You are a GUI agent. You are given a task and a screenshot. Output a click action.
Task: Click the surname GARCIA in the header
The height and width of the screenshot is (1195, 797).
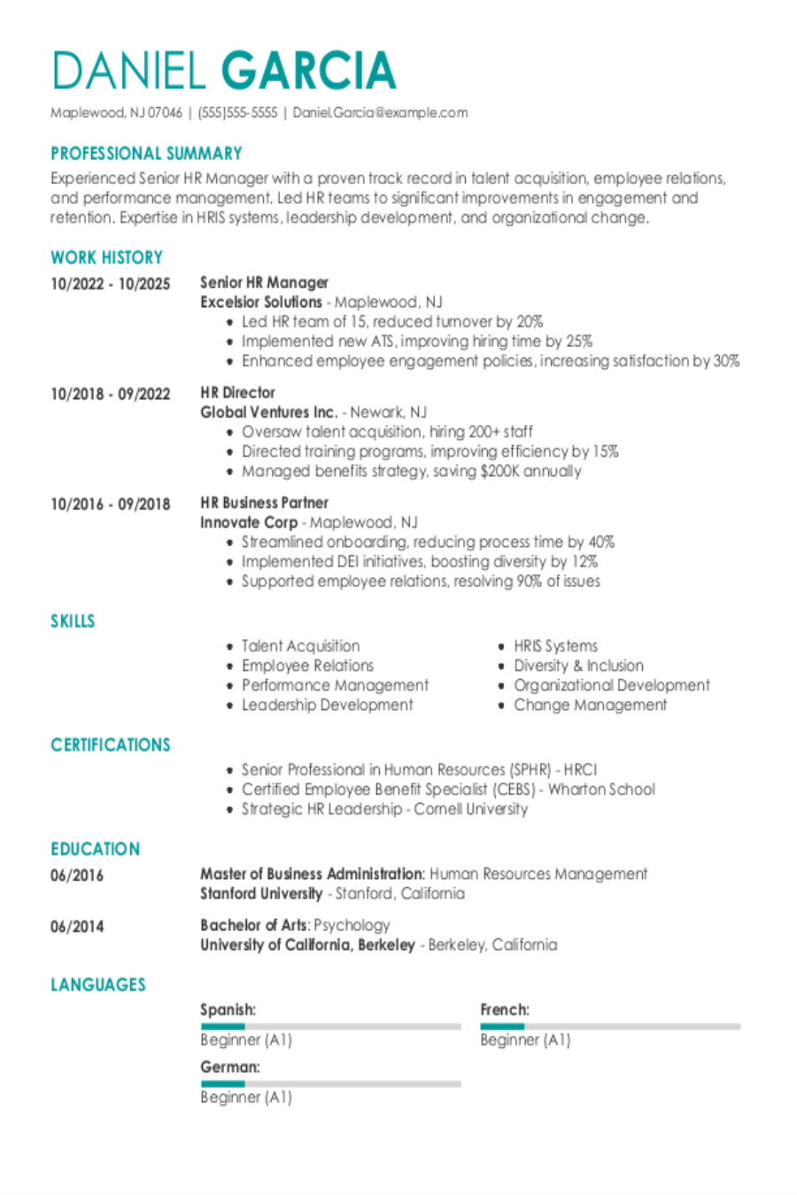(308, 71)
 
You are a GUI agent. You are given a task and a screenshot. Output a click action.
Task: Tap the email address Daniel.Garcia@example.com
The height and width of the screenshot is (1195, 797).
(380, 112)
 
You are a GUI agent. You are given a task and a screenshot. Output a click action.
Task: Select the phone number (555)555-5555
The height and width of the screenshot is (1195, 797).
(237, 112)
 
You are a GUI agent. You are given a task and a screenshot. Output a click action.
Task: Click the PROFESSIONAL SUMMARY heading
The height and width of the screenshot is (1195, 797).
(146, 153)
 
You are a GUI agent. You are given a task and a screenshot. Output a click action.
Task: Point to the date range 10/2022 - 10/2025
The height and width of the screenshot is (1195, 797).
(110, 283)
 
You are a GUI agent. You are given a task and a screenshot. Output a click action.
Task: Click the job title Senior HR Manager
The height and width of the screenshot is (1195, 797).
(264, 282)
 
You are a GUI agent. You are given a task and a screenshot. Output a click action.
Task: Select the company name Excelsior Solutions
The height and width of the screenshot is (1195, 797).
(260, 302)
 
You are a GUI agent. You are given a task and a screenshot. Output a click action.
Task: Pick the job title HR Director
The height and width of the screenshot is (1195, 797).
(237, 392)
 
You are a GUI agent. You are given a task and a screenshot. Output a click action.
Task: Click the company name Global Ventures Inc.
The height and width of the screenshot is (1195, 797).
(268, 412)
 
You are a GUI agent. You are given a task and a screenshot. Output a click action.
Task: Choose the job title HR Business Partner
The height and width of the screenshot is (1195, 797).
(264, 502)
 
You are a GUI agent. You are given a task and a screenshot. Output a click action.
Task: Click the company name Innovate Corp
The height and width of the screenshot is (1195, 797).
(248, 522)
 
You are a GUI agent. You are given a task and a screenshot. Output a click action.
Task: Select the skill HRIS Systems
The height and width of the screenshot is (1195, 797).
(555, 646)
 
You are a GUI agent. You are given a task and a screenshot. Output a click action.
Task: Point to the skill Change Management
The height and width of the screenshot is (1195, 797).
(590, 705)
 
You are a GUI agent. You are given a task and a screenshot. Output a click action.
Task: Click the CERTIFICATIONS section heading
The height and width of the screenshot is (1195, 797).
(110, 744)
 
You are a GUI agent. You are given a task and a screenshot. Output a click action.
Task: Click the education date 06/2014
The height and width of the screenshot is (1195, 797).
(77, 927)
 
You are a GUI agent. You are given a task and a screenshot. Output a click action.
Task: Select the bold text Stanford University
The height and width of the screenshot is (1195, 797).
(261, 893)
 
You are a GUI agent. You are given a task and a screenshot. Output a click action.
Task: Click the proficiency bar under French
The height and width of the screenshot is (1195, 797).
(610, 1027)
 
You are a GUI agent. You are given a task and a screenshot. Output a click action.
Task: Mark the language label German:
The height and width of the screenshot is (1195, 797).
(230, 1067)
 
